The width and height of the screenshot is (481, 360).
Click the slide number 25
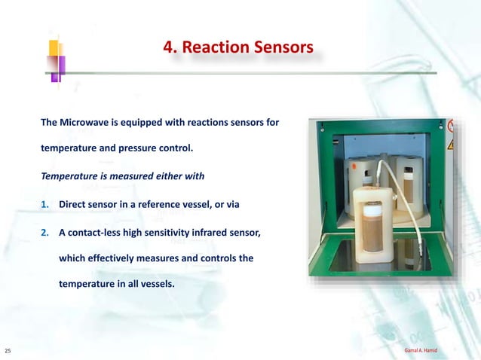(x=8, y=351)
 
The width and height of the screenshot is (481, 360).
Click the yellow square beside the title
(x=54, y=47)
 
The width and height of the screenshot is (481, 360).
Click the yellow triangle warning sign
(x=452, y=143)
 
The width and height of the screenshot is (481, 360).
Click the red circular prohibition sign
(x=452, y=126)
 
